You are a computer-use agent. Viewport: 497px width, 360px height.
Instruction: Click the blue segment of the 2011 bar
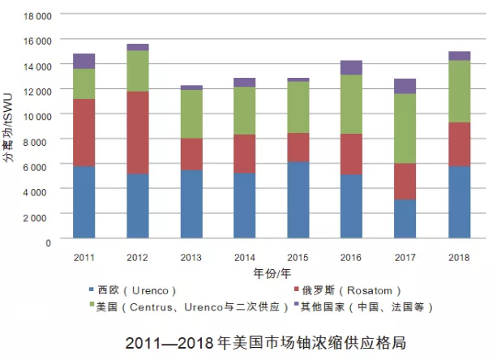[x=84, y=202]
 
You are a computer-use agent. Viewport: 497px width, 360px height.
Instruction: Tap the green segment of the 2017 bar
[x=405, y=128]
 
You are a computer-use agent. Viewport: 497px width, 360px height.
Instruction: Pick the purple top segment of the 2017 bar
[x=405, y=86]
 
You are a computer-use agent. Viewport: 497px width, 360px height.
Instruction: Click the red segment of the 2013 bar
[x=191, y=154]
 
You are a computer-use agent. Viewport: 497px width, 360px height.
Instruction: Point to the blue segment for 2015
[x=298, y=199]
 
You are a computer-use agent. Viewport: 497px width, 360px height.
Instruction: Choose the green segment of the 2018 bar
[x=460, y=91]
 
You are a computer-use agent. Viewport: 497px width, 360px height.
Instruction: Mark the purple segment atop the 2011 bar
[x=84, y=61]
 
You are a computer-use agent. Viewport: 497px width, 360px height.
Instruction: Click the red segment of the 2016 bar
[x=352, y=154]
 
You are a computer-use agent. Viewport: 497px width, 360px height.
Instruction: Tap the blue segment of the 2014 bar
[x=245, y=205]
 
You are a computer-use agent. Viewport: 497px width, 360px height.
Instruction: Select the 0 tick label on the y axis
[x=48, y=242]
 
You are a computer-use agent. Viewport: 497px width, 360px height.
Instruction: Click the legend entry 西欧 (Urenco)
[x=131, y=290]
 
